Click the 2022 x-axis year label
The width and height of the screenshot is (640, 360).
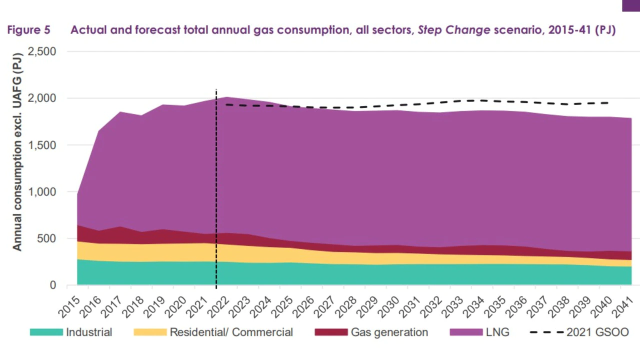pyautogui.click(x=219, y=306)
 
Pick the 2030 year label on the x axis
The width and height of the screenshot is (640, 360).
pyautogui.click(x=389, y=306)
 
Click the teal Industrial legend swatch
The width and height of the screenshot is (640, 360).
pyautogui.click(x=46, y=332)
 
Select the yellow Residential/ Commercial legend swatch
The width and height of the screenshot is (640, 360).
pyautogui.click(x=150, y=332)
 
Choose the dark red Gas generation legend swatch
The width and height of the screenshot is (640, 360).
pyautogui.click(x=331, y=332)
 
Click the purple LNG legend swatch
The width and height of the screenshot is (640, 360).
pyautogui.click(x=466, y=332)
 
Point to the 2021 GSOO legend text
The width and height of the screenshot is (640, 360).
pyautogui.click(x=597, y=332)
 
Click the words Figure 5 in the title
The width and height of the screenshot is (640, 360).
pyautogui.click(x=28, y=30)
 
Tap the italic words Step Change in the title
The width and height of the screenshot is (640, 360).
pyautogui.click(x=453, y=30)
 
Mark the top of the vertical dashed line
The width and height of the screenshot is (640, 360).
pyautogui.click(x=216, y=90)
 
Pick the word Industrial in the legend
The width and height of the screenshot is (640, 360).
pyautogui.click(x=89, y=332)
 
